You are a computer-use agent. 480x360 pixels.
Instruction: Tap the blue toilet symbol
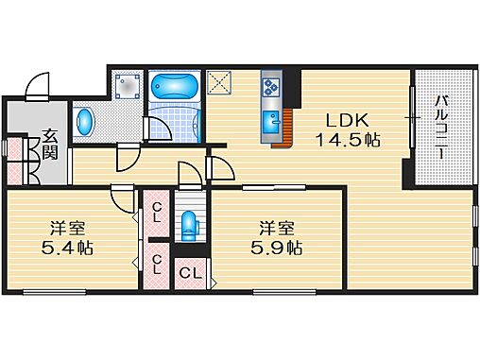coord(190,224)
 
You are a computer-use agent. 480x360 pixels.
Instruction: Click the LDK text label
coord(345,120)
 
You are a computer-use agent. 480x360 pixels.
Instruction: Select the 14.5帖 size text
coord(347,140)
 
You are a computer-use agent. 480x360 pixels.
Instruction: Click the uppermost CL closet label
coord(158,212)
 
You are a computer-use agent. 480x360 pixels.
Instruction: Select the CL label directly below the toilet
coord(190,274)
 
